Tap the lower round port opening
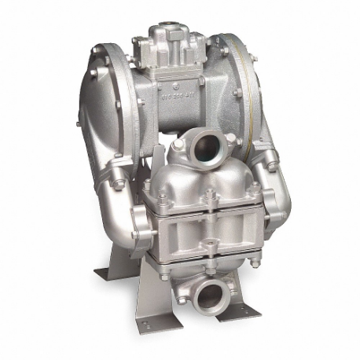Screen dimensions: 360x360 point(211,295)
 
